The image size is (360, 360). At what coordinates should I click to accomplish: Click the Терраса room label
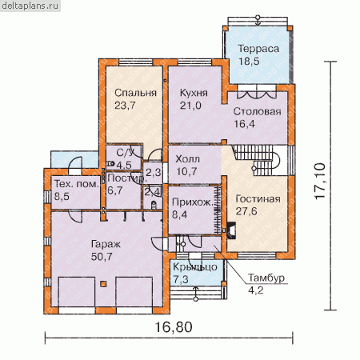(x=258, y=49)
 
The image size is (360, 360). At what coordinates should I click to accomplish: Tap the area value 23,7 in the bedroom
(x=125, y=106)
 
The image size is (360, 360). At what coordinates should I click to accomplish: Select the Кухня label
(x=194, y=93)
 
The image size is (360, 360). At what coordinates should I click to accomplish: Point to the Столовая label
(x=257, y=111)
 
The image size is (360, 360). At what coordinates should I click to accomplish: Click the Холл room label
(x=187, y=159)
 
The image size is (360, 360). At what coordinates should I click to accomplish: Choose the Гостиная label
(x=258, y=198)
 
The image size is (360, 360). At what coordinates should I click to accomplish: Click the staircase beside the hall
(x=256, y=159)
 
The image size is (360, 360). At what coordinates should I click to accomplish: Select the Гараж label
(x=106, y=244)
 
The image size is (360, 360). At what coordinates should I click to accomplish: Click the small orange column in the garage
(x=103, y=284)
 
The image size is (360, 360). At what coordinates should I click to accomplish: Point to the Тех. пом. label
(x=77, y=184)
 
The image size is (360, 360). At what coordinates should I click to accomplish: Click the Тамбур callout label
(x=266, y=278)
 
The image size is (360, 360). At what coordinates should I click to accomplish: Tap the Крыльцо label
(x=195, y=267)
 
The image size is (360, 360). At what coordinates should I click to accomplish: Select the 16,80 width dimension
(x=174, y=327)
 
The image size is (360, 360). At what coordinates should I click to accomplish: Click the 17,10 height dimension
(x=320, y=181)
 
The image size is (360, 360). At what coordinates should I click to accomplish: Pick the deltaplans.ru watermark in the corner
(x=30, y=6)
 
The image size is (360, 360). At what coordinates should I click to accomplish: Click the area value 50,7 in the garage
(x=102, y=257)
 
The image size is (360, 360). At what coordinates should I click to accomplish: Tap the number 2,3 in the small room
(x=153, y=173)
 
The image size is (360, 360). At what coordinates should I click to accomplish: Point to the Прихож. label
(x=193, y=202)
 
